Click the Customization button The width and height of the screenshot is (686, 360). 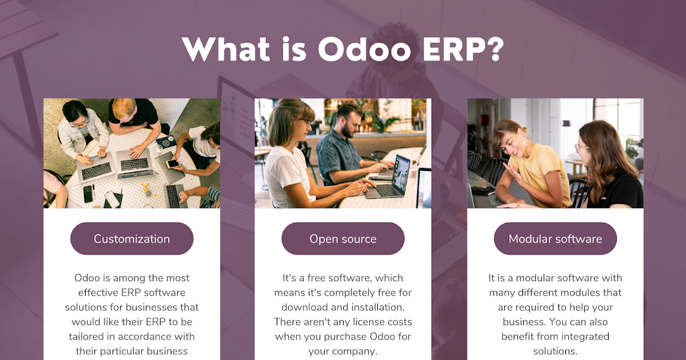coord(131,239)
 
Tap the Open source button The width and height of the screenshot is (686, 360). coord(343,239)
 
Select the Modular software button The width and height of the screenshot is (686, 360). coord(555,239)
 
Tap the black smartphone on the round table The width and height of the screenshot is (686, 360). coord(88,194)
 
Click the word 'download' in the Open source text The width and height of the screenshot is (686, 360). coord(296,307)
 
